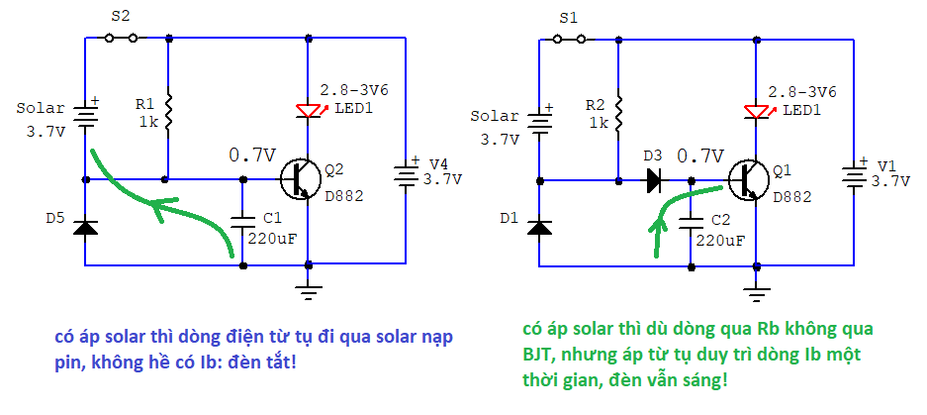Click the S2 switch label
coord(120,17)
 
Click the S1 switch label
coord(568,18)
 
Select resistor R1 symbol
coord(169,113)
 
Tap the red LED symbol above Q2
coord(309,110)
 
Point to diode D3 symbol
coord(654,181)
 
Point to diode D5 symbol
coord(86,227)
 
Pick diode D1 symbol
coord(539,228)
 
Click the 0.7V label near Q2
coord(251,156)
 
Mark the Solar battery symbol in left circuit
coord(86,119)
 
